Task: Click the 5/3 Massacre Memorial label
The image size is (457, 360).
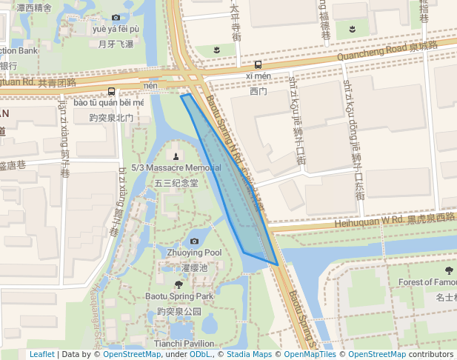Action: (176, 168)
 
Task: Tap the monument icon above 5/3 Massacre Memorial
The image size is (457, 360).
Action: (176, 156)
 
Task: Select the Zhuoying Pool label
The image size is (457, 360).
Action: (194, 253)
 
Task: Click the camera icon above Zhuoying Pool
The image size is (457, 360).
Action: (194, 241)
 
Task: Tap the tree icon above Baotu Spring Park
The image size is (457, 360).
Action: (179, 284)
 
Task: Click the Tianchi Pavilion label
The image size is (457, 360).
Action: (184, 344)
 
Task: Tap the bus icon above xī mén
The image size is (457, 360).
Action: (258, 64)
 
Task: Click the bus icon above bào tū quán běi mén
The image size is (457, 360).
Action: (111, 91)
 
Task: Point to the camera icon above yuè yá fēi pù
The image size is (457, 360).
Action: (116, 18)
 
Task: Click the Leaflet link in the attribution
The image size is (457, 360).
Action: (41, 354)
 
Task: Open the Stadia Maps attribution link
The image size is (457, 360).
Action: (251, 354)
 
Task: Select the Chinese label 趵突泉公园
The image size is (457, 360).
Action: (179, 312)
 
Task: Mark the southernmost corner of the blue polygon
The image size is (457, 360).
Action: (277, 264)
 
